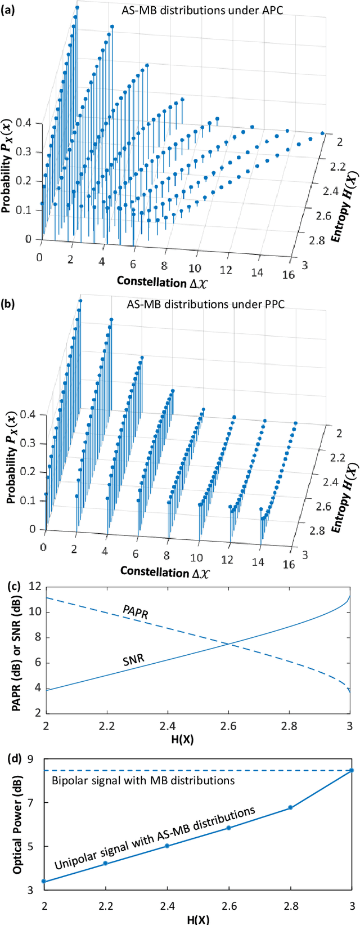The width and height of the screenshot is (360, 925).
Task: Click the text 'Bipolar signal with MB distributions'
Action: [x=143, y=780]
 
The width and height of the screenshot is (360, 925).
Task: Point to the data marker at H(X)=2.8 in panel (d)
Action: [x=290, y=807]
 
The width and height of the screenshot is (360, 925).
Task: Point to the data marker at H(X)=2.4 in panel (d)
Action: [x=167, y=846]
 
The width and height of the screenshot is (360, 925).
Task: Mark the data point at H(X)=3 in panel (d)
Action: [x=352, y=770]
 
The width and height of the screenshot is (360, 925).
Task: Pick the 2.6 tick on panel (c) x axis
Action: [x=228, y=726]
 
